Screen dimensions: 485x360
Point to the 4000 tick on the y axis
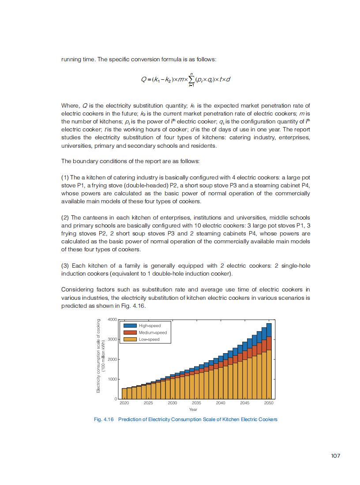[112, 319]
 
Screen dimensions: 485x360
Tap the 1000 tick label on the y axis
[112, 379]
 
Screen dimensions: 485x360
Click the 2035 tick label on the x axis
[196, 403]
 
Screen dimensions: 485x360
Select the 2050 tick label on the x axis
[269, 403]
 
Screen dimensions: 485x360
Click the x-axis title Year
[196, 410]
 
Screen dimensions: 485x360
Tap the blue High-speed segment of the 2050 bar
[269, 330]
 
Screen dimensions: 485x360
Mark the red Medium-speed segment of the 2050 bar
[269, 343]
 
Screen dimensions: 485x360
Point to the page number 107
[335, 456]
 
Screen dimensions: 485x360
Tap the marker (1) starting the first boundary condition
[65, 177]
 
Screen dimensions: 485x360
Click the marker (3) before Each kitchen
[65, 265]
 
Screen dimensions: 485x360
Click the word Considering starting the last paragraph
[77, 290]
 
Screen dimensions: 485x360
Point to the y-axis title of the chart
[100, 355]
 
